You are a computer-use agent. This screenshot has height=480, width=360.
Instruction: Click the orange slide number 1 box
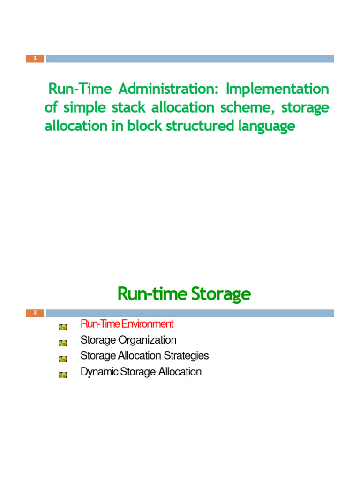click(35, 59)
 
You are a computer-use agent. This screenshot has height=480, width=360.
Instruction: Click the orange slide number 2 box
click(35, 313)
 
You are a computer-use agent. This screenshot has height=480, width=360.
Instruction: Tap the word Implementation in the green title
click(278, 89)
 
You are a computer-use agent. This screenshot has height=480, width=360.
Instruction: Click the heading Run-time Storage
click(184, 294)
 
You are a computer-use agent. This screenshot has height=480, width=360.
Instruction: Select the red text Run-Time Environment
click(127, 324)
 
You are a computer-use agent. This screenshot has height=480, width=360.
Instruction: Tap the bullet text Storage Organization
click(128, 340)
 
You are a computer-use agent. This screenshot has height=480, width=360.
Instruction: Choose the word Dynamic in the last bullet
click(99, 372)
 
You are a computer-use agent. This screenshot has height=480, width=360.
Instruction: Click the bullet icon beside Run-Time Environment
click(63, 327)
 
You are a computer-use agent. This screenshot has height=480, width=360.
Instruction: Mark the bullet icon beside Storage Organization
click(63, 343)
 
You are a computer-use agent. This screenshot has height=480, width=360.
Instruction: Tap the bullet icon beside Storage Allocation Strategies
click(63, 359)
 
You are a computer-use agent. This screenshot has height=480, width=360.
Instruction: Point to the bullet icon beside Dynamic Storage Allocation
click(63, 375)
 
